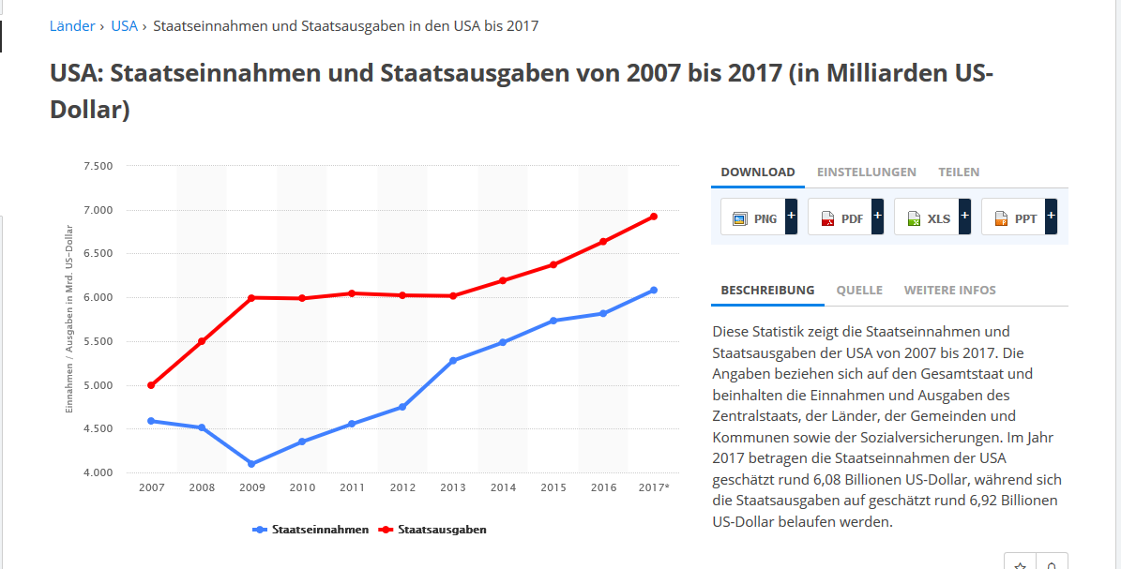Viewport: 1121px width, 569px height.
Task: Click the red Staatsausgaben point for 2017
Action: click(x=654, y=217)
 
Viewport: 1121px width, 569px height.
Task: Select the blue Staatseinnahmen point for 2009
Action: click(x=251, y=464)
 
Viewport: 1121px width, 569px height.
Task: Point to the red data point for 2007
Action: click(x=151, y=385)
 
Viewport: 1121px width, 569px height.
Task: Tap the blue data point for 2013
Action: click(x=453, y=361)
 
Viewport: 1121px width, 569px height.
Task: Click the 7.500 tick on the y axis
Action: click(x=98, y=166)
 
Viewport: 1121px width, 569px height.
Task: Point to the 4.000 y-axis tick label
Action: click(x=98, y=472)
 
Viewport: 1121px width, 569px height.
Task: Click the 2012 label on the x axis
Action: click(x=402, y=487)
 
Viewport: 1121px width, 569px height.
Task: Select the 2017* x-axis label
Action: click(x=654, y=487)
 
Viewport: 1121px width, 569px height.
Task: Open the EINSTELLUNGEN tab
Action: click(x=866, y=172)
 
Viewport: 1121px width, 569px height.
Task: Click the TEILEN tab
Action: click(x=959, y=172)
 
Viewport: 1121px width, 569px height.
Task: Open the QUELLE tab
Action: click(x=859, y=291)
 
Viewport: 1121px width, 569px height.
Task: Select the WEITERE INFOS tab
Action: click(x=949, y=291)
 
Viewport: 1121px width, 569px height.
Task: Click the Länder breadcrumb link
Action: click(x=71, y=26)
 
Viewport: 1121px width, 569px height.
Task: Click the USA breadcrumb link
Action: click(x=124, y=26)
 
